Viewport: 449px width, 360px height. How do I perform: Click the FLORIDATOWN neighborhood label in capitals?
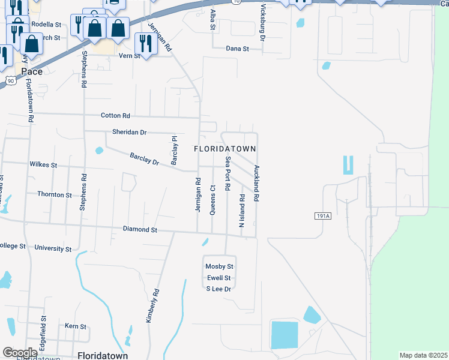click(225, 148)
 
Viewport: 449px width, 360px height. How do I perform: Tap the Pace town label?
click(31, 71)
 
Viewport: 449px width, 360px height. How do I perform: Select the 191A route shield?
click(322, 215)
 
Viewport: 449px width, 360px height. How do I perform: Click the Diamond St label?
click(140, 229)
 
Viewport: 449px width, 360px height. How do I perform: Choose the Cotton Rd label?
click(115, 115)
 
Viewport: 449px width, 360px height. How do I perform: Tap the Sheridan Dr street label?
click(129, 132)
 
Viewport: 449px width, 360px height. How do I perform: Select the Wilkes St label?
click(43, 164)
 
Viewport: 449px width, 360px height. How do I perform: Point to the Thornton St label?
click(55, 195)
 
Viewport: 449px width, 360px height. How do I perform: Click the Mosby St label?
click(219, 266)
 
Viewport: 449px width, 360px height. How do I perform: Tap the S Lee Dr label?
click(218, 289)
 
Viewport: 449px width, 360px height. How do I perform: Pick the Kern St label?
click(76, 326)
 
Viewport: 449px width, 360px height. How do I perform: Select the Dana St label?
click(237, 49)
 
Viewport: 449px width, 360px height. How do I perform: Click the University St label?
click(53, 248)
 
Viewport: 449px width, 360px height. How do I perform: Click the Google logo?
click(20, 353)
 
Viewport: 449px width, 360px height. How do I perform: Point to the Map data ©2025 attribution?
click(423, 355)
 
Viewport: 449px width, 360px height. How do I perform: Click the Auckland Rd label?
click(256, 182)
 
